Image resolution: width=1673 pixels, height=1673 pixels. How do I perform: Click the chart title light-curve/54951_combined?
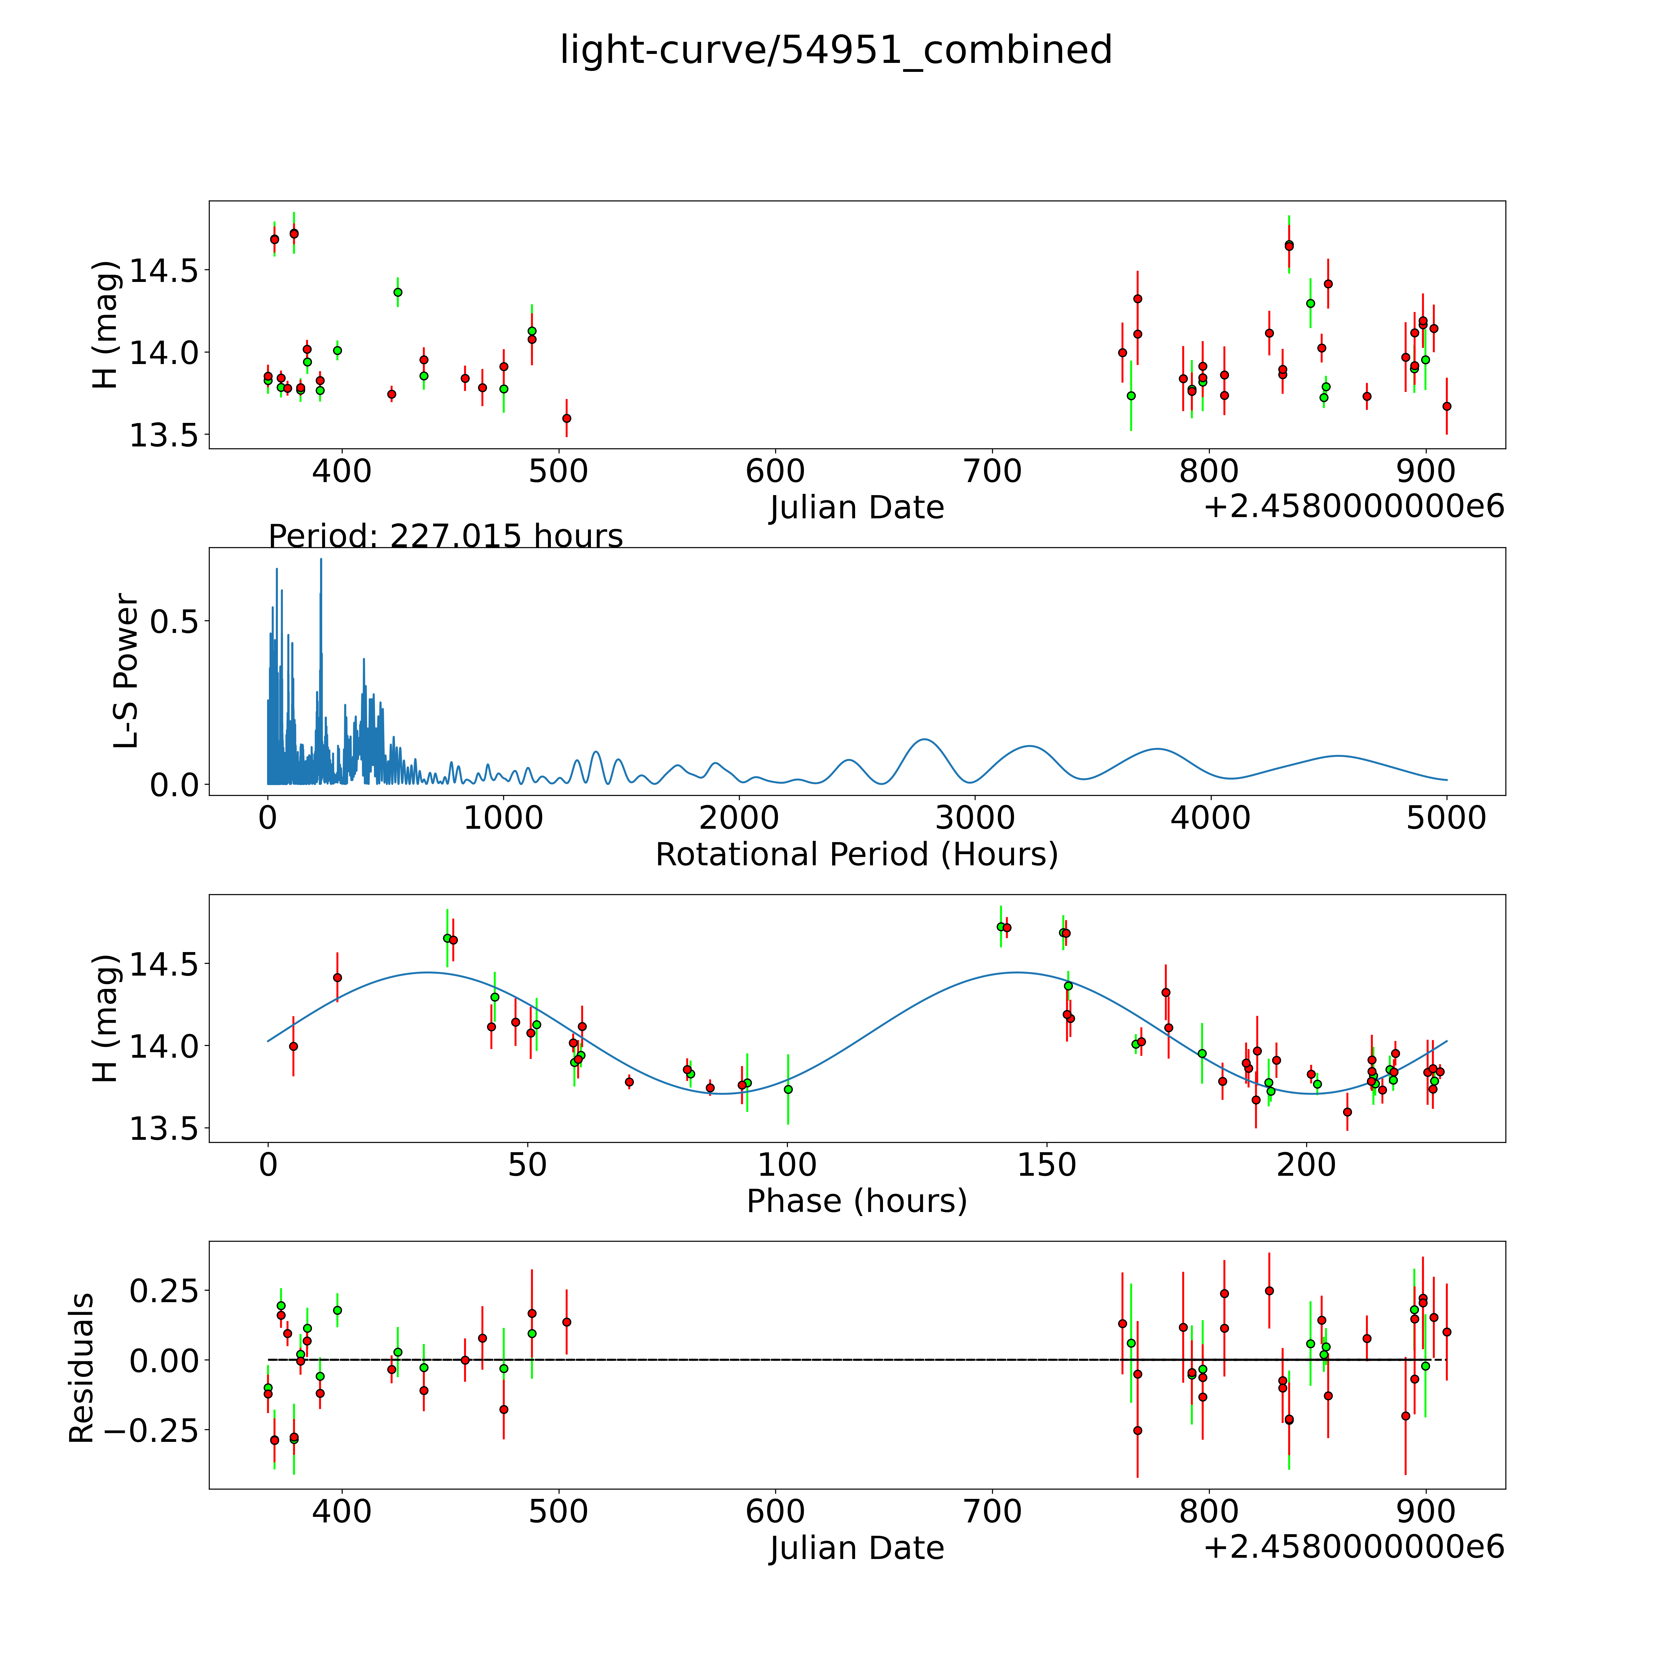click(836, 50)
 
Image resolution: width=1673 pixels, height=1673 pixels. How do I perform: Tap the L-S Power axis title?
click(126, 671)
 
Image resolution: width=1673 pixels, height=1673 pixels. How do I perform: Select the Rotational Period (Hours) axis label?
click(856, 855)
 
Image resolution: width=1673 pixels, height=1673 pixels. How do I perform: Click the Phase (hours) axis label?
click(856, 1201)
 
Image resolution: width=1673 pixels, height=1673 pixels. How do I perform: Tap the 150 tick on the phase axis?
click(1047, 1166)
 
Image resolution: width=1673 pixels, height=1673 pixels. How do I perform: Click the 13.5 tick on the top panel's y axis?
click(164, 436)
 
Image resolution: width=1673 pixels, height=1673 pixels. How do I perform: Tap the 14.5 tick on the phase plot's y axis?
click(164, 964)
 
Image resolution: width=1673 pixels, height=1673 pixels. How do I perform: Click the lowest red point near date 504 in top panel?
click(566, 418)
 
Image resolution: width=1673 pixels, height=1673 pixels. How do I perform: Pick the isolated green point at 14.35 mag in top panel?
click(397, 292)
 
